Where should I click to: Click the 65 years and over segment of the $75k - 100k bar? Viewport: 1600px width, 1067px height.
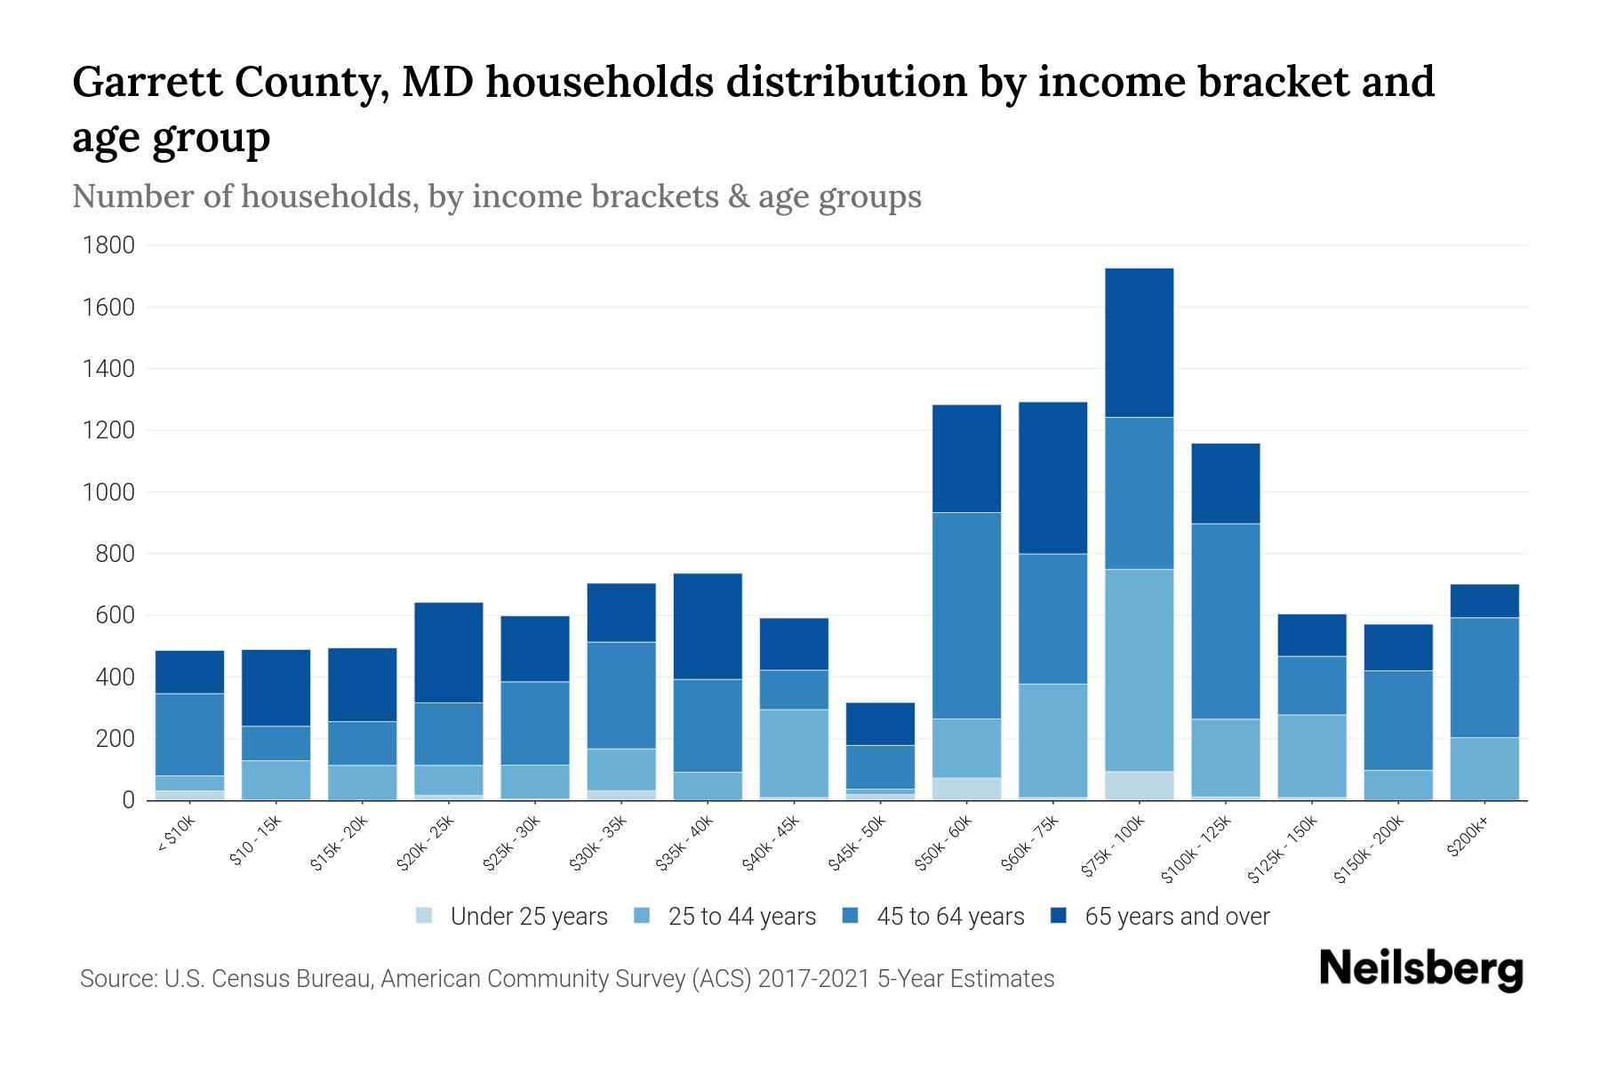tap(1139, 342)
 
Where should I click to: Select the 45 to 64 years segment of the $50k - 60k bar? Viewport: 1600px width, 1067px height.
tap(966, 615)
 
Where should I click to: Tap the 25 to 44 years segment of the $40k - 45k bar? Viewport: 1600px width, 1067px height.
tap(793, 753)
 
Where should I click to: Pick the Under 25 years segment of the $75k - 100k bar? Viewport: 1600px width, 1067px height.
tap(1139, 786)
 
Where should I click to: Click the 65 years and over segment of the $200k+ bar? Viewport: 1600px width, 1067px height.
tap(1484, 601)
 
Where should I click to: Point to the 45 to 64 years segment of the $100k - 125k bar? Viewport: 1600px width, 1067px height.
tap(1225, 621)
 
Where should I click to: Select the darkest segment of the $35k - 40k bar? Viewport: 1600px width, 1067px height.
tap(708, 626)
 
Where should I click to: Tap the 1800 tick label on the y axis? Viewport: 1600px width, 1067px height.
tap(108, 245)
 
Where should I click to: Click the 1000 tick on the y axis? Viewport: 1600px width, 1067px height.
tap(108, 493)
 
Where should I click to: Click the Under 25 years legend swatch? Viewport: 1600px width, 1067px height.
tap(425, 915)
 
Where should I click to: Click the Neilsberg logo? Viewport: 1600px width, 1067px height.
tap(1420, 969)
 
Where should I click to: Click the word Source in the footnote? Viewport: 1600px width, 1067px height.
tap(116, 979)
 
